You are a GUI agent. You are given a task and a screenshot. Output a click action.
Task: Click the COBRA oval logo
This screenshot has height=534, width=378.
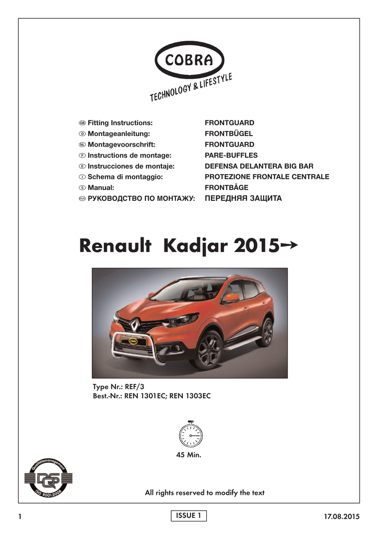189,60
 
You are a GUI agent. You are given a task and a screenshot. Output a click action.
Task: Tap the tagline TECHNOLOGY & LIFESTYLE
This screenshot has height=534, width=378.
191,88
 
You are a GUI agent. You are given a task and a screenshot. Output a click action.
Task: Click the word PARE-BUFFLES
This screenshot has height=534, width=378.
231,155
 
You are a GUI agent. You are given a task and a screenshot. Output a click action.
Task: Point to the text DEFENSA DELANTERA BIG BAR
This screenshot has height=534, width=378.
259,166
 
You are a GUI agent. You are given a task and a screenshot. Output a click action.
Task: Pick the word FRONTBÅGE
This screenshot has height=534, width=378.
226,187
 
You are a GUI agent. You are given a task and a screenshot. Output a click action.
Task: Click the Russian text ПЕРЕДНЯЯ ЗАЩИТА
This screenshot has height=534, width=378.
243,198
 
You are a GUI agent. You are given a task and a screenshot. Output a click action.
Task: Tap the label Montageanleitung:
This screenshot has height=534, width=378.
115,133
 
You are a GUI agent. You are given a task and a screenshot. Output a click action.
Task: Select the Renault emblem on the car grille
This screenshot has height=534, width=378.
134,326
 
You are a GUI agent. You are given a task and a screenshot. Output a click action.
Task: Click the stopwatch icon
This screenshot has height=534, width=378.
191,433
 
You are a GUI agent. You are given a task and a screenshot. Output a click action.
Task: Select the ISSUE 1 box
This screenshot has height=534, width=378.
188,516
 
